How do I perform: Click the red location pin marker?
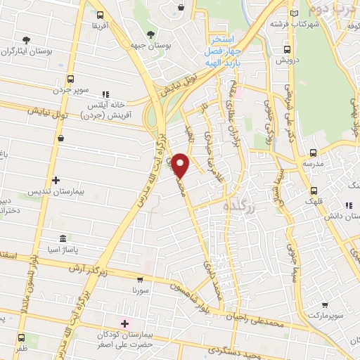coord(181,165)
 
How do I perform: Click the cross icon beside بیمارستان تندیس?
coord(56,181)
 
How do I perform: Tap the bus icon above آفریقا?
coord(100,15)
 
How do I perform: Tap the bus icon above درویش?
coord(287,49)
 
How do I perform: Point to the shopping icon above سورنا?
coord(140,279)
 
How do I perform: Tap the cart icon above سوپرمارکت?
coord(325,304)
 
